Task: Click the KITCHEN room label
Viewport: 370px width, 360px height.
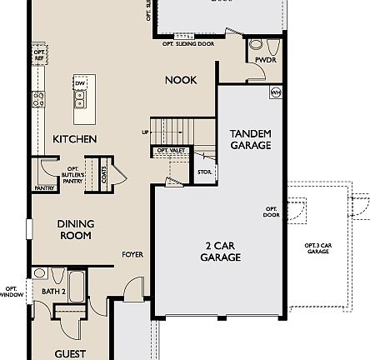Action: click(x=75, y=139)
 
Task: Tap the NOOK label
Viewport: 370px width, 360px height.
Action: click(x=181, y=80)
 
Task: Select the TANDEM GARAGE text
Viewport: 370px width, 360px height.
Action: click(x=250, y=139)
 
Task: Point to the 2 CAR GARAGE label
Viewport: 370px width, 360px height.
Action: click(x=220, y=252)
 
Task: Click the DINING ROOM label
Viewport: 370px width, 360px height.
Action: click(x=75, y=230)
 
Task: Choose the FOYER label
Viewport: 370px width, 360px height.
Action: click(x=132, y=255)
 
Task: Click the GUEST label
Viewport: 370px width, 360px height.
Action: click(x=70, y=353)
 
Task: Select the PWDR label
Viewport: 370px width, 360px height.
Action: click(x=266, y=60)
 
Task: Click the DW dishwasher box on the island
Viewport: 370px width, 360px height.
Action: click(x=80, y=83)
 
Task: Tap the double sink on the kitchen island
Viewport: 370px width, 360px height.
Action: click(x=80, y=99)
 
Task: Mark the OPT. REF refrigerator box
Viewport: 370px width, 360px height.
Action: click(x=38, y=56)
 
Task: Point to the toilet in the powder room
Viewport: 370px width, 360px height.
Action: click(x=257, y=46)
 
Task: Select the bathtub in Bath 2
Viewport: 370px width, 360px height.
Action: click(x=76, y=285)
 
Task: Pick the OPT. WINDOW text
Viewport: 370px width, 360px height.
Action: click(x=11, y=291)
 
